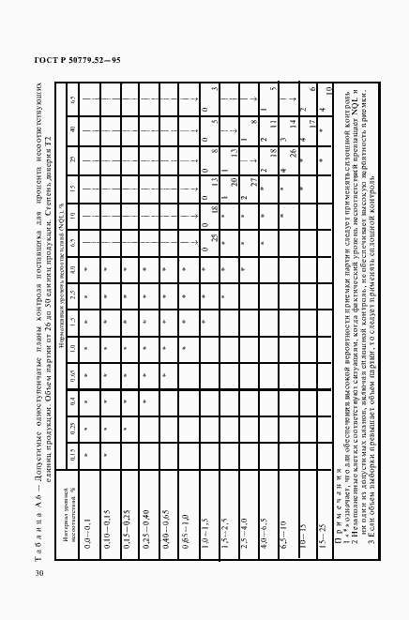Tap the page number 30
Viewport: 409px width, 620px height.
tap(38, 574)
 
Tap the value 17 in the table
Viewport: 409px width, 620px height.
tap(314, 128)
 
